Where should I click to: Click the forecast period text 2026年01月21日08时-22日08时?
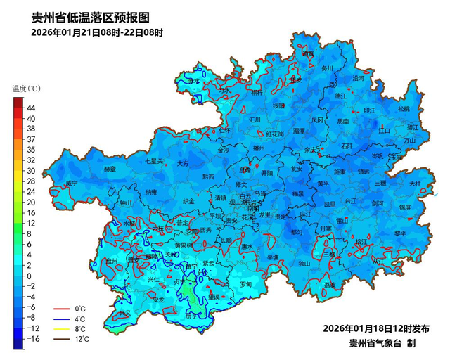[97, 32]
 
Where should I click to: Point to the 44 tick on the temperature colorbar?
[31, 108]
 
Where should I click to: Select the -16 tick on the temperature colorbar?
[32, 339]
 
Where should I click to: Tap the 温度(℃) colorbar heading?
[27, 89]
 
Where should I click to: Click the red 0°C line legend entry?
[71, 309]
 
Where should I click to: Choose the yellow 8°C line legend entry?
[71, 328]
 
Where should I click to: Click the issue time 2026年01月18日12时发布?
[376, 328]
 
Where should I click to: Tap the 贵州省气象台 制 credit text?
[382, 343]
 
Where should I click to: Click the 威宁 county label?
[71, 184]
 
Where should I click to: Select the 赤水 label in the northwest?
[193, 82]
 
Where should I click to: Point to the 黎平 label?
[400, 233]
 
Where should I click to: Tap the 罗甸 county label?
[245, 284]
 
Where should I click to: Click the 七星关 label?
[154, 161]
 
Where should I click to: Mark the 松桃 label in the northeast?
[403, 109]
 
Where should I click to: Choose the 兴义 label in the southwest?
[124, 313]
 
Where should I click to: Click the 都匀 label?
[297, 232]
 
